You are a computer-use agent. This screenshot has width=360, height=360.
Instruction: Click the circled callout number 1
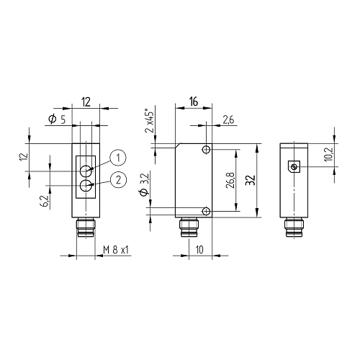coord(118,158)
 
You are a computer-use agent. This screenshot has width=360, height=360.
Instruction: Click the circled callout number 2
coord(118,180)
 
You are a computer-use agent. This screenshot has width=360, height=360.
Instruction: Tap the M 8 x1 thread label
coord(116,250)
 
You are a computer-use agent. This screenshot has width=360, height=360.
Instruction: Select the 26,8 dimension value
coord(230,180)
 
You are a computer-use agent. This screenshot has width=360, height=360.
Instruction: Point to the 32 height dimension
coord(250,180)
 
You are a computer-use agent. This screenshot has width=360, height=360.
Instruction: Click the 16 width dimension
coord(194,102)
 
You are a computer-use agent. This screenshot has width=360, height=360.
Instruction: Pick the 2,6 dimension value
coord(228,120)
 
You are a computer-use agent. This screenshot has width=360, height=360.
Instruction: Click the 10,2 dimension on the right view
coord(328,154)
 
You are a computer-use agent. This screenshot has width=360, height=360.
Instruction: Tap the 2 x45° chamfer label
coord(149,121)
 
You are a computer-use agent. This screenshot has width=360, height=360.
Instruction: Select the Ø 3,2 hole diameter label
coord(145,184)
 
